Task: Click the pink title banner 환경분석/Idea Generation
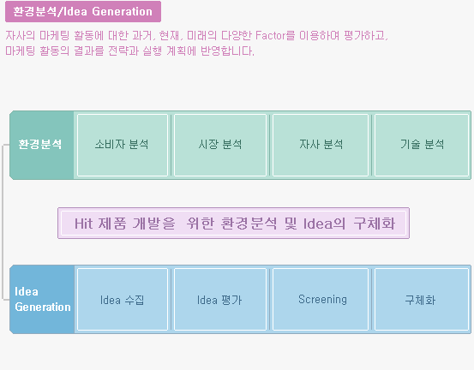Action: [83, 12]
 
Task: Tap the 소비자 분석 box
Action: [123, 145]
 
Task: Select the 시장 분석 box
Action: [220, 145]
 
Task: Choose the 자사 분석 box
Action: [321, 145]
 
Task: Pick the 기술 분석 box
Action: [422, 145]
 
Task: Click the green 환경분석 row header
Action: [42, 145]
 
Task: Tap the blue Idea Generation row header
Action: [42, 299]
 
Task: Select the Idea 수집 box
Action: [123, 299]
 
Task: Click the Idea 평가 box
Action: [220, 299]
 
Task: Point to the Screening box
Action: [321, 299]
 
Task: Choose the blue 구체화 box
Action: [422, 299]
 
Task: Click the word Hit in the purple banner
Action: [83, 224]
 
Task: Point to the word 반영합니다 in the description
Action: [227, 51]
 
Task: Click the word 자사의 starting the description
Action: [21, 35]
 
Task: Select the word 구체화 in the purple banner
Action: [375, 224]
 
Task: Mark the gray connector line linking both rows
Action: [3, 223]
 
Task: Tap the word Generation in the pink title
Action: [122, 12]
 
